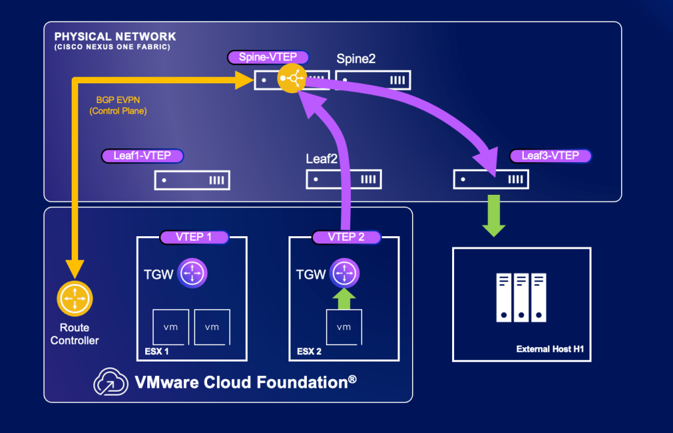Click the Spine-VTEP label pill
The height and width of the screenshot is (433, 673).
(x=268, y=57)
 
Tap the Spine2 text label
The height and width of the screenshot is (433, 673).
(x=356, y=58)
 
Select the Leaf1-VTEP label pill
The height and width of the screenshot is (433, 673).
(x=142, y=156)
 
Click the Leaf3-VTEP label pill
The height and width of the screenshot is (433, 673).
(x=550, y=156)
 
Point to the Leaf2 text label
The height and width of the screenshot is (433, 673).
(x=321, y=159)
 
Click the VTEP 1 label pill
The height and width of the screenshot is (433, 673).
(x=194, y=237)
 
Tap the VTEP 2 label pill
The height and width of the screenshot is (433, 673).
(x=346, y=237)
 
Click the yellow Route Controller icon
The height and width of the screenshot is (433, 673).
(x=75, y=299)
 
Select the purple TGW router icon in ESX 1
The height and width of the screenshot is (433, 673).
(x=193, y=273)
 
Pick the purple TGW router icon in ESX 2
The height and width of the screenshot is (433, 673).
(x=344, y=273)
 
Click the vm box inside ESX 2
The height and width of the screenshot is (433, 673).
(x=344, y=327)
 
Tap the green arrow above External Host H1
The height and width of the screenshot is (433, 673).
(x=494, y=216)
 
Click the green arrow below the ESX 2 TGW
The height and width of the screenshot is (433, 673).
(x=344, y=299)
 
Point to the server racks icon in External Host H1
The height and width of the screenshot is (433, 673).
(x=521, y=297)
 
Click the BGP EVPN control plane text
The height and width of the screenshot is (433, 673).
(x=118, y=106)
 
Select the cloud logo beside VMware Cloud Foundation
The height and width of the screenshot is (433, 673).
(x=110, y=382)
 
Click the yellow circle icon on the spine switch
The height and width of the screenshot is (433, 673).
(x=292, y=78)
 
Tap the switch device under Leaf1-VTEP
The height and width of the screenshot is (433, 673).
(x=193, y=180)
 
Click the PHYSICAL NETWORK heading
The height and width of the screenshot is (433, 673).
(x=115, y=37)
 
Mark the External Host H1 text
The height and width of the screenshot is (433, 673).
(x=550, y=349)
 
